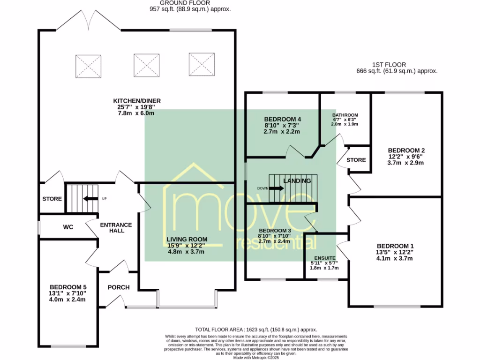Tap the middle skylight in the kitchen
coord(146,65)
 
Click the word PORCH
coord(119,287)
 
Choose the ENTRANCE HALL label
coord(116,228)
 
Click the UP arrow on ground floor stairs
coord(87,198)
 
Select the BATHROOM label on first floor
coord(345,115)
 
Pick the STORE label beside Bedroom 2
coord(356,160)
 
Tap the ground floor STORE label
coord(52,199)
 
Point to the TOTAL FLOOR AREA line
coord(256,330)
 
